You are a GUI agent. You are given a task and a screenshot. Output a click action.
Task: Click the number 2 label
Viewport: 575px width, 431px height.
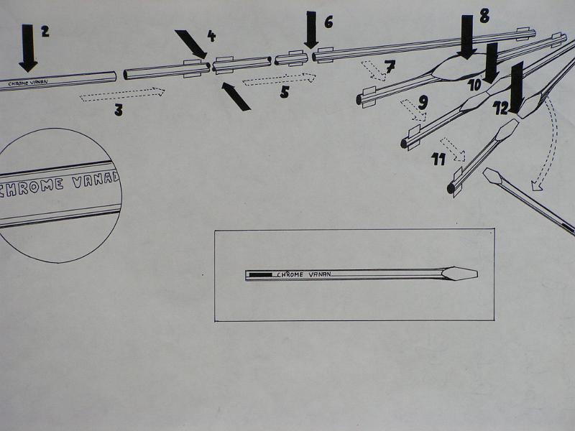coord(45,32)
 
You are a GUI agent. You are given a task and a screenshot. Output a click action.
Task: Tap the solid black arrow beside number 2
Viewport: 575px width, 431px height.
coord(28,47)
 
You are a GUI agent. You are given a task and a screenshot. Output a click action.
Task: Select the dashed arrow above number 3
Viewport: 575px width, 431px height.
coord(122,93)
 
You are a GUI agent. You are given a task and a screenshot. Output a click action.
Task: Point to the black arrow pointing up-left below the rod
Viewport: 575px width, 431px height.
coord(236,96)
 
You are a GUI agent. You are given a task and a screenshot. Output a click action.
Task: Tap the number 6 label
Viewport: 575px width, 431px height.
coord(328,22)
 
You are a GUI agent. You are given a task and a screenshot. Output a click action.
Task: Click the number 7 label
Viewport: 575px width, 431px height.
coord(390,68)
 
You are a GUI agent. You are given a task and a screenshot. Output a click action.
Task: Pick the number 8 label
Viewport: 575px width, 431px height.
coord(484,16)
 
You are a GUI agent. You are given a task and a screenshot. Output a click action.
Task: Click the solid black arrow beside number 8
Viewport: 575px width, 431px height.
coord(466,37)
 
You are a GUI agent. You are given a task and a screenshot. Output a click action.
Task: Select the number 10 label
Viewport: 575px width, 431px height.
coord(475,84)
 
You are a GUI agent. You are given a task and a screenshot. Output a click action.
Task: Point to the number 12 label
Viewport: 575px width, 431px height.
coord(501,108)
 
